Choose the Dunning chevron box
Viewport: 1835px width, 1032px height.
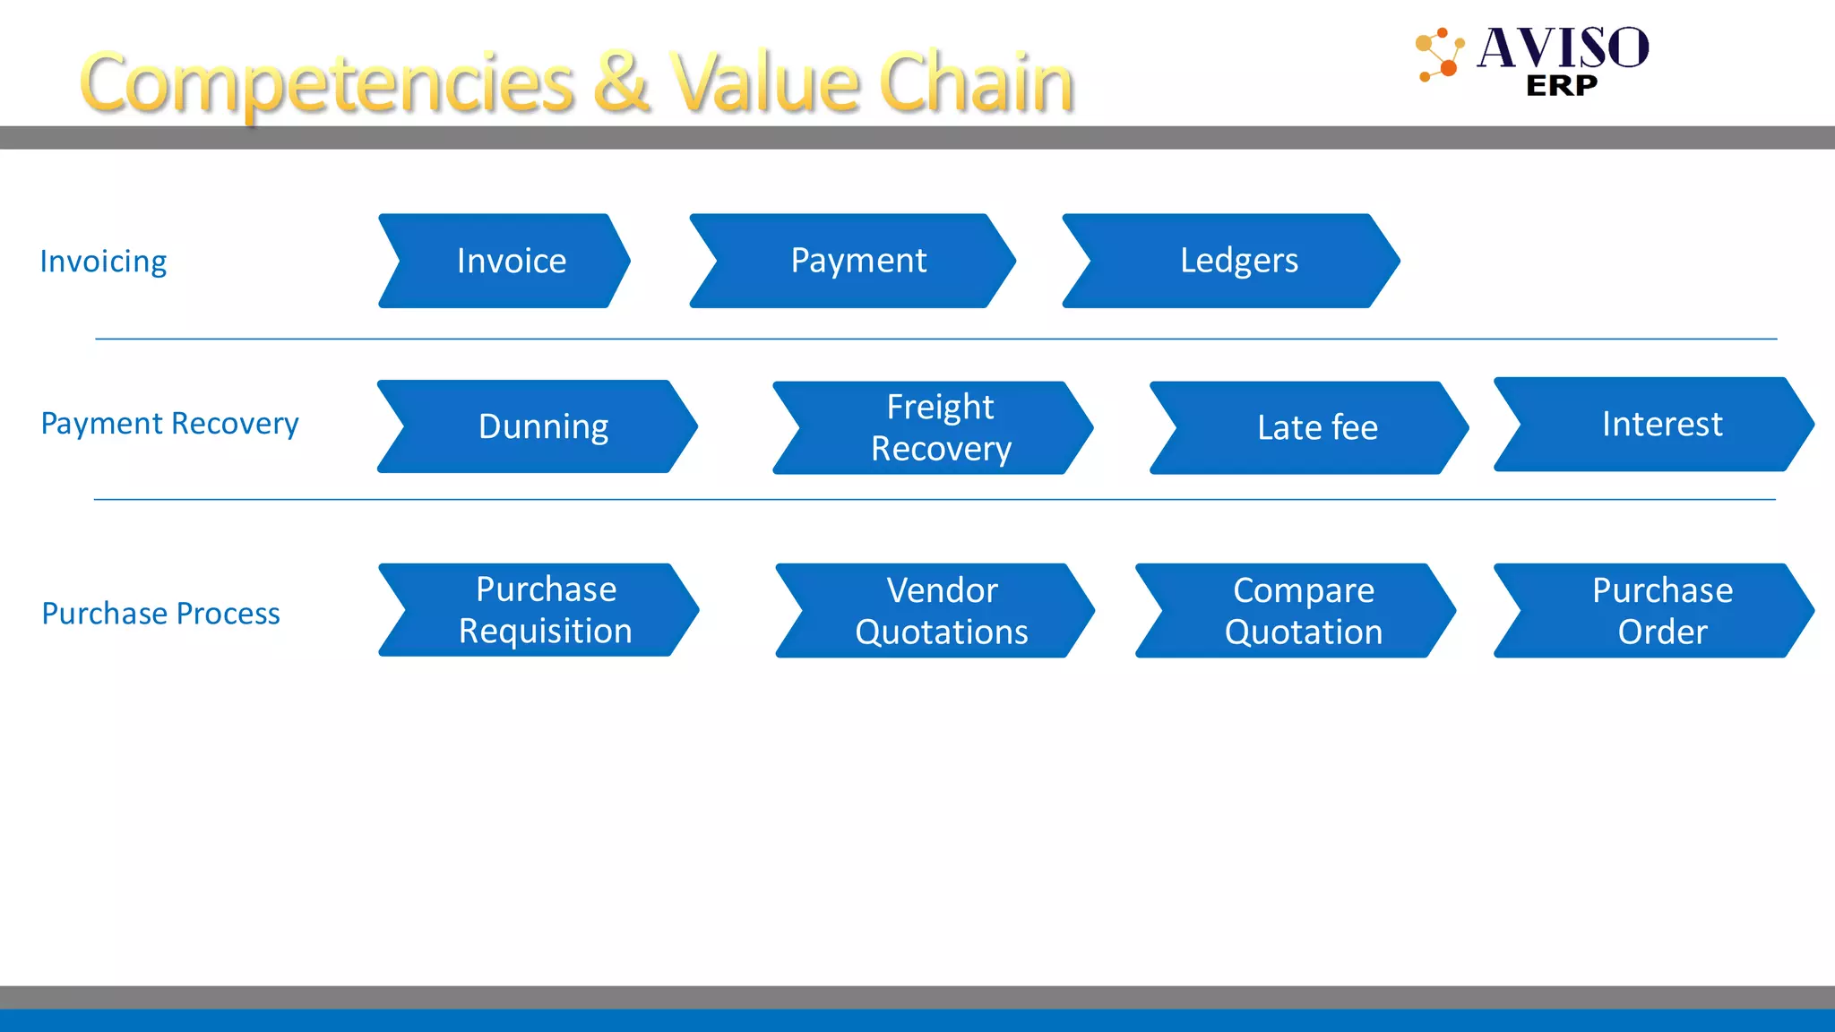click(x=539, y=426)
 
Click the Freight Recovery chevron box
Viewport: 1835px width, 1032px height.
click(x=935, y=427)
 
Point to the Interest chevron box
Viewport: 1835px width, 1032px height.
click(x=1657, y=424)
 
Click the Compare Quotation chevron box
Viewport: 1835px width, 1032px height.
click(x=1298, y=611)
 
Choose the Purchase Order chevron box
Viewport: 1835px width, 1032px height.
click(x=1657, y=611)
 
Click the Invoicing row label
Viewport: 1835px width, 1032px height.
click(x=103, y=262)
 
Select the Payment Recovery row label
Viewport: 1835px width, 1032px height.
click(x=169, y=423)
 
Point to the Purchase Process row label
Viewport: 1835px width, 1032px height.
click(x=160, y=614)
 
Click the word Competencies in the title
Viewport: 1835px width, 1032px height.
click(x=327, y=83)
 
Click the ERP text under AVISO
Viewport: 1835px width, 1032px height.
click(x=1561, y=86)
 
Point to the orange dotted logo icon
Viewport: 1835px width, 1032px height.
click(x=1439, y=55)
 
